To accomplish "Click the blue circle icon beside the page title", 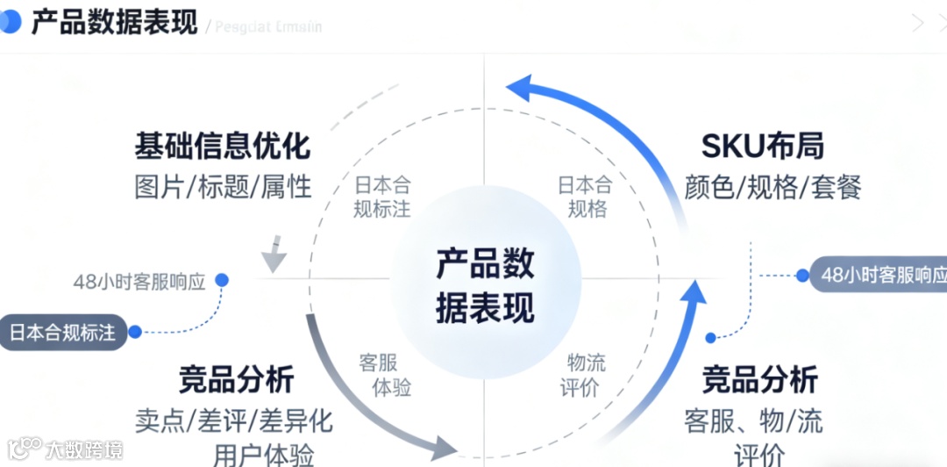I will coord(11,23).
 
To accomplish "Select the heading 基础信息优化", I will coord(222,146).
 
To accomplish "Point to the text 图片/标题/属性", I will coord(223,186).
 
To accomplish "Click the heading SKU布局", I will coord(762,146).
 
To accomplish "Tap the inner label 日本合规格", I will coord(586,197).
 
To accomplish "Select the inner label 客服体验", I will coord(384,375).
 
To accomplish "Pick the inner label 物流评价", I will coord(586,375).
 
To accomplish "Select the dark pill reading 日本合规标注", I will coord(64,332).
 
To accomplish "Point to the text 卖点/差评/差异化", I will coord(234,420).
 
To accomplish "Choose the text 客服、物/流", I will coord(753,420).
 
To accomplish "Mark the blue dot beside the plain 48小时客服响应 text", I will coord(222,279).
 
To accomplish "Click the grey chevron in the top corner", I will coord(917,24).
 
